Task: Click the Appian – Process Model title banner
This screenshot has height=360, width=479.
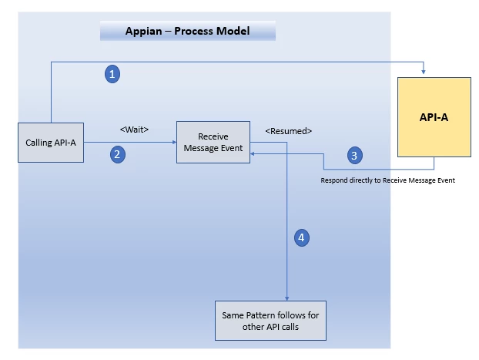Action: (188, 31)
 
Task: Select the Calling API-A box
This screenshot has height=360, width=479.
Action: (51, 143)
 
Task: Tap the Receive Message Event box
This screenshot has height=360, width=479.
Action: (213, 142)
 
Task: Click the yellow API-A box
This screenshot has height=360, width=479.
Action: (434, 117)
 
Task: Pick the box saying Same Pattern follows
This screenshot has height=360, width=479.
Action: (270, 321)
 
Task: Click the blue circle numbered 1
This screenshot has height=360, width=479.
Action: (112, 74)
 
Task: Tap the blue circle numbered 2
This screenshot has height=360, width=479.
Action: (118, 154)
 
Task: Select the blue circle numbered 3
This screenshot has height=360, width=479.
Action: (355, 156)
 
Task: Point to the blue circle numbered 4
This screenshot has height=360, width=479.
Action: (302, 237)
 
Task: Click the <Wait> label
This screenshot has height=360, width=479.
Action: (135, 130)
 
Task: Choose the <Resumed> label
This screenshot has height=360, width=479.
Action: (289, 131)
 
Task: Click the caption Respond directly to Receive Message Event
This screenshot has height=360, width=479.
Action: (387, 180)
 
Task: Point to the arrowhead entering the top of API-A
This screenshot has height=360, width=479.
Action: (424, 72)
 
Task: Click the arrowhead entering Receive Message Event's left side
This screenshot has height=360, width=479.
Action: (175, 142)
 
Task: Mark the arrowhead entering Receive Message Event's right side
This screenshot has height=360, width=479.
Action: (253, 153)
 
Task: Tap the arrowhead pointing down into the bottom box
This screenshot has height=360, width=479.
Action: (286, 298)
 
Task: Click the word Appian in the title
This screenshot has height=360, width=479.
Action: (143, 31)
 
